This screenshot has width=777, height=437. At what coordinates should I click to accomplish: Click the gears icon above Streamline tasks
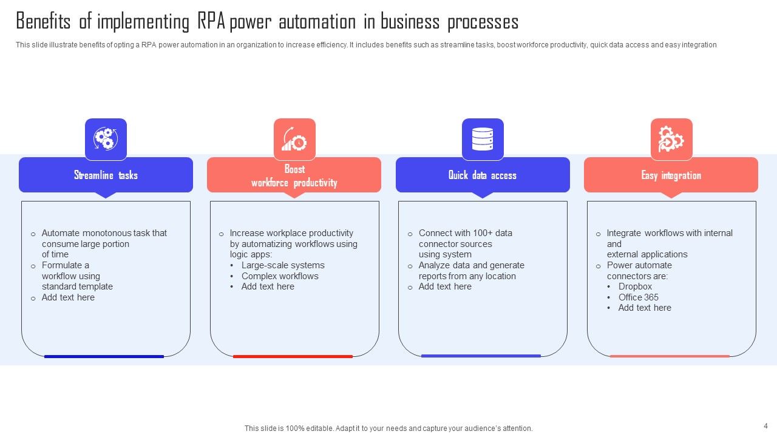click(106, 139)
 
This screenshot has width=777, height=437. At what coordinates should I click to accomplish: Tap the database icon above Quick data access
click(483, 139)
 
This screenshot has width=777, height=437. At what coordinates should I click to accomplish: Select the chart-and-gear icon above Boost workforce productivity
click(294, 139)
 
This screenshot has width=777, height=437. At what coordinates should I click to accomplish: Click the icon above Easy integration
click(671, 139)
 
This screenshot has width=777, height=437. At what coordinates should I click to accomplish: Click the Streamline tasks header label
click(106, 175)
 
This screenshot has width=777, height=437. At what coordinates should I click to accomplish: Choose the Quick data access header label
click(483, 175)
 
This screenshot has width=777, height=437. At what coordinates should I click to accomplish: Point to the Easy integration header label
click(671, 175)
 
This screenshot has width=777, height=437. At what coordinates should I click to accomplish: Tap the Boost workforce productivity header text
click(294, 175)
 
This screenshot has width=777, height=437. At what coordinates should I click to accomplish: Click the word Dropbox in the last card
click(635, 286)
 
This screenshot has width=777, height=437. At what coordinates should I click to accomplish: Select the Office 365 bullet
click(638, 297)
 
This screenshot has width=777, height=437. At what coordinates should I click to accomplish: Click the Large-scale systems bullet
click(283, 265)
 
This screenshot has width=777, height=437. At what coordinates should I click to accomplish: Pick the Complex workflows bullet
click(280, 276)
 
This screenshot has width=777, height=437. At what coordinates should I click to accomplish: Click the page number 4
click(765, 425)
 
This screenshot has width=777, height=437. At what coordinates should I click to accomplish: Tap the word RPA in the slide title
click(211, 22)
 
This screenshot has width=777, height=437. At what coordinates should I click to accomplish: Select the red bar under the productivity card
click(293, 356)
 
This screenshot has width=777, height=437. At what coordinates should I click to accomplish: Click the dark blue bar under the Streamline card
click(104, 356)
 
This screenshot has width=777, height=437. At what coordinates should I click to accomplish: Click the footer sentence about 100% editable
click(388, 429)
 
